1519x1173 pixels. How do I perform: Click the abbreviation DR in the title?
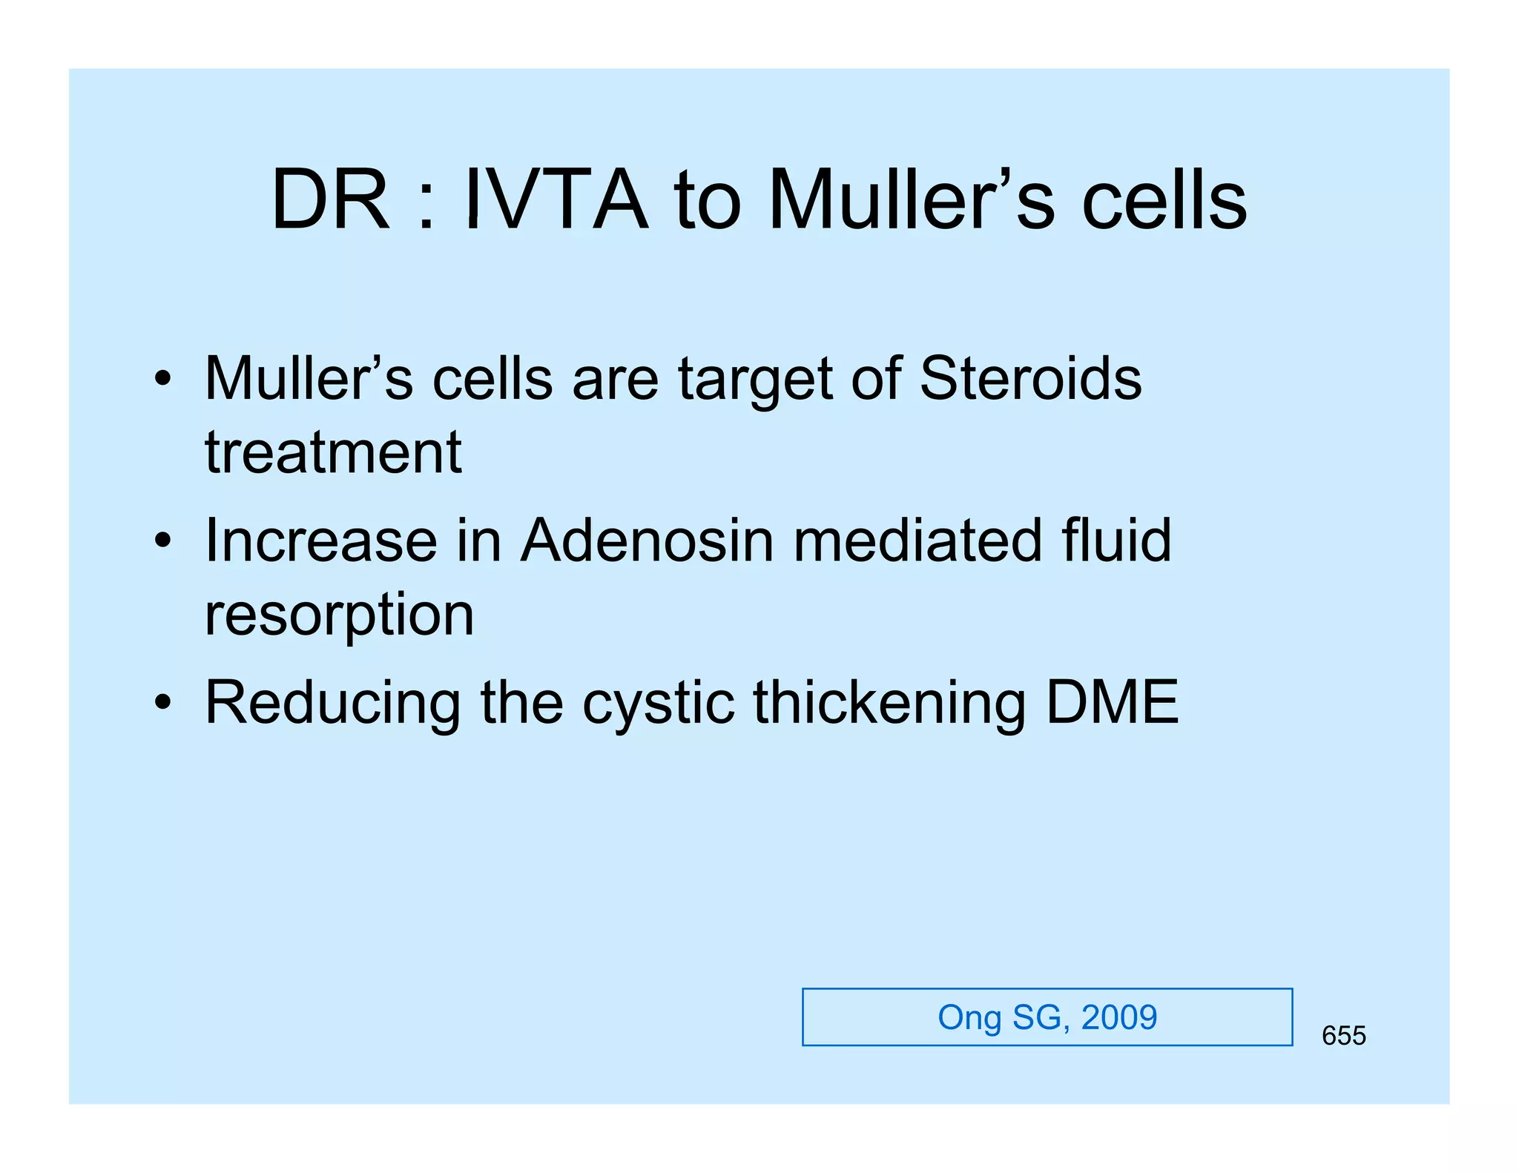pos(330,200)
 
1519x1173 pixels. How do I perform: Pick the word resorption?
pos(339,615)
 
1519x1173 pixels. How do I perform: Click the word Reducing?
pos(333,702)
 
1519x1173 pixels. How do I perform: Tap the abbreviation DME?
pos(1112,702)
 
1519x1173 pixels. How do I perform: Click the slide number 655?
pos(1343,1036)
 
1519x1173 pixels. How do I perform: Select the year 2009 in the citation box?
pos(1118,1017)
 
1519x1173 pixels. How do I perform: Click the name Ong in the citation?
pos(969,1017)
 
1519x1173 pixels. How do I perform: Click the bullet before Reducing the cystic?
pos(163,702)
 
